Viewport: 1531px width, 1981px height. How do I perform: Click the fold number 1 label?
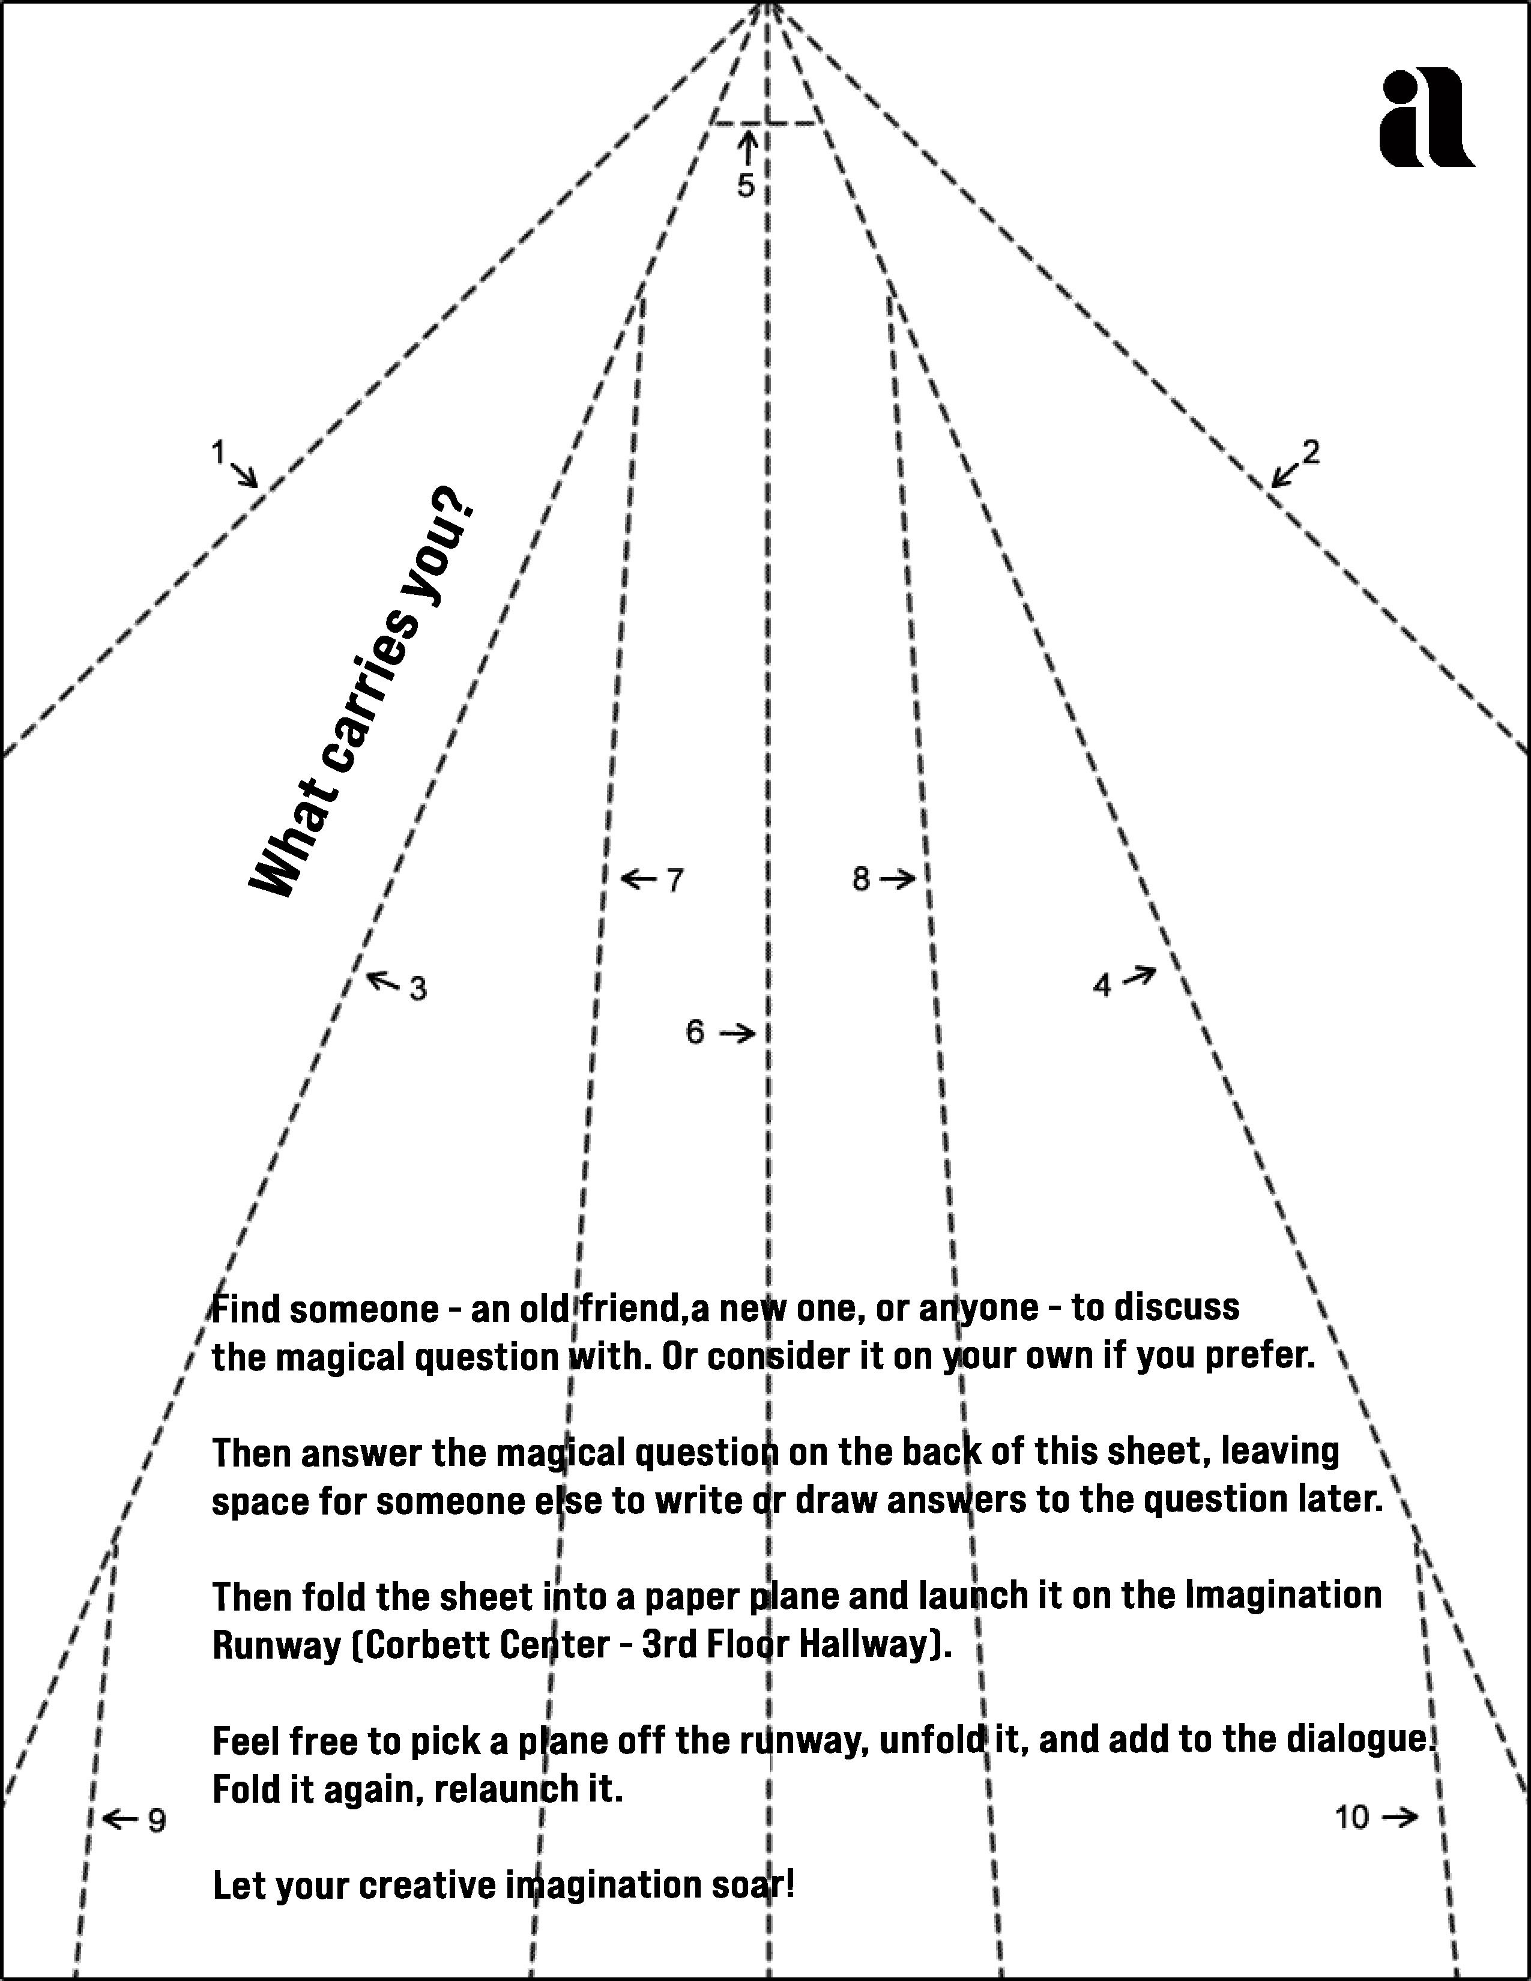[218, 451]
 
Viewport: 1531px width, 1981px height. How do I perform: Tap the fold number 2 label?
[1311, 451]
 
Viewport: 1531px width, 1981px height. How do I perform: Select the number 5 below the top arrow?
[746, 186]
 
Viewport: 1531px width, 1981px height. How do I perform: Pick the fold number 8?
[861, 878]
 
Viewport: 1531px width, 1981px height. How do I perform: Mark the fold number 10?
[1351, 1817]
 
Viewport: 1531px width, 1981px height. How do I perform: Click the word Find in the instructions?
[247, 1309]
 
